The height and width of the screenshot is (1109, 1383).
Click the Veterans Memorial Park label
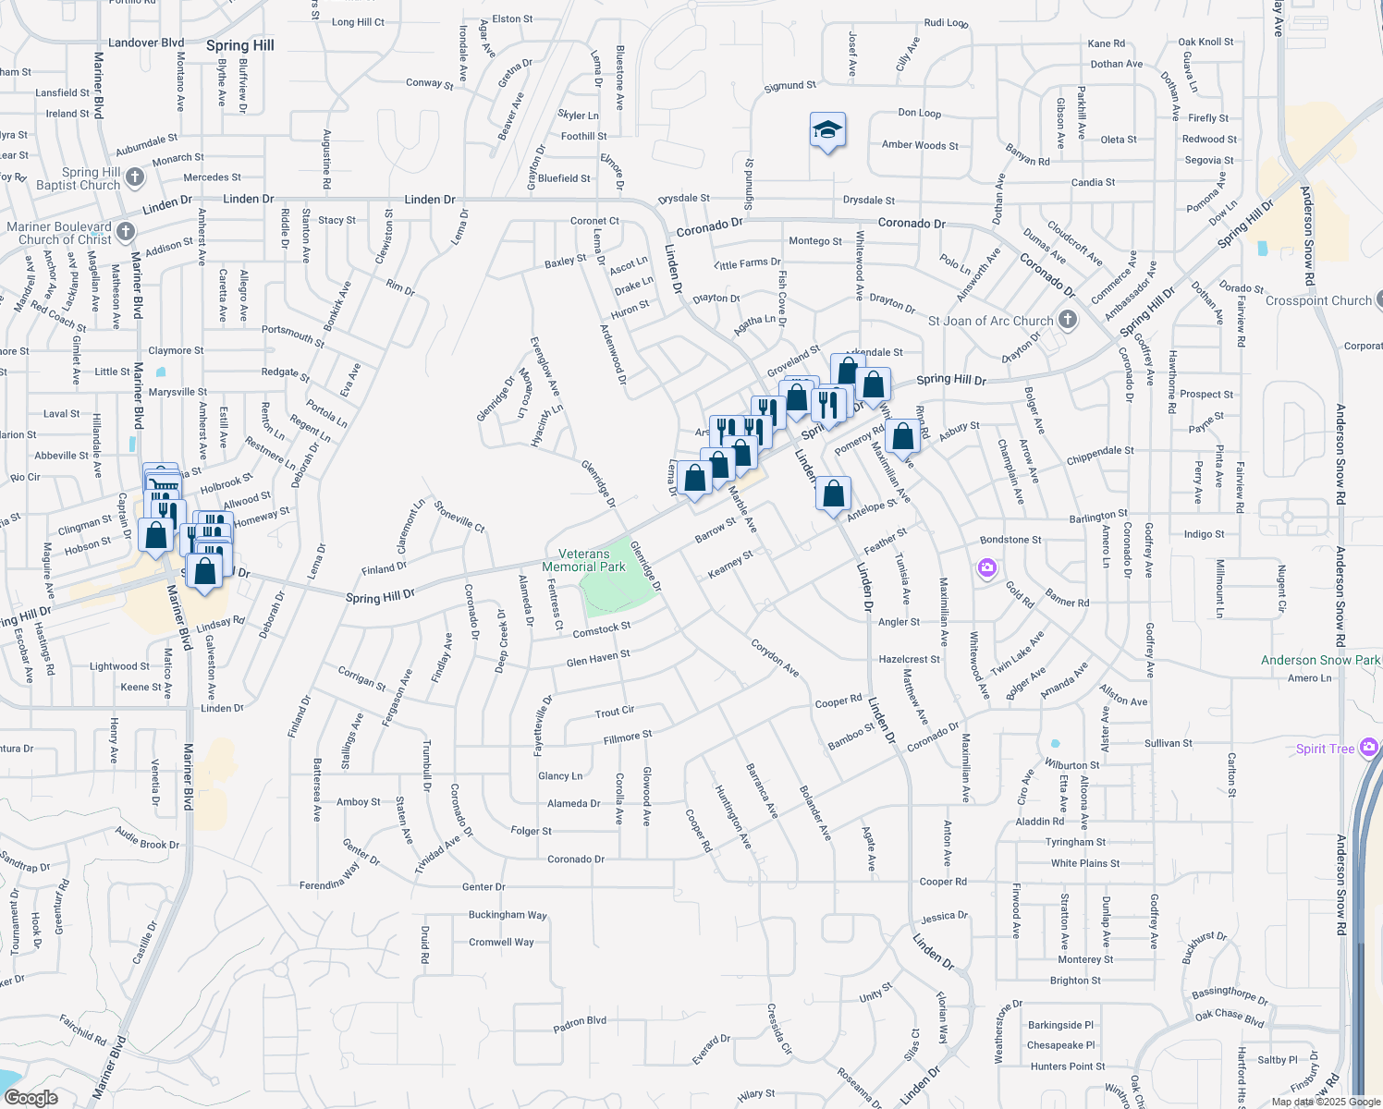click(x=583, y=560)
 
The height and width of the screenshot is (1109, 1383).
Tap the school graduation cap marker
click(x=827, y=131)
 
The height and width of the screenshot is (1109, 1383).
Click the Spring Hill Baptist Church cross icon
click(x=135, y=177)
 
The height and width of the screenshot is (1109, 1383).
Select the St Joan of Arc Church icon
click(x=1068, y=320)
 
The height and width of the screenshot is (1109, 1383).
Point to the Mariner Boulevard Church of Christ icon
click(x=126, y=231)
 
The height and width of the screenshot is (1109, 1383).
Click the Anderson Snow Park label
click(x=1320, y=660)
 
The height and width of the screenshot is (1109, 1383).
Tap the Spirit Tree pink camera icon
click(x=1369, y=748)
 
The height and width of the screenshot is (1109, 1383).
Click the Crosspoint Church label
click(x=1318, y=300)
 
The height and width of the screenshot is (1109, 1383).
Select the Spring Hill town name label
click(x=240, y=45)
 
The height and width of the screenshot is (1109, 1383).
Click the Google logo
click(x=31, y=1098)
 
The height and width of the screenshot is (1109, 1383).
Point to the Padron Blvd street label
click(x=580, y=1023)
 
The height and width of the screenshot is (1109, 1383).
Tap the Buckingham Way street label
click(x=508, y=915)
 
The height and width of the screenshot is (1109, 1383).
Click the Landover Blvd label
click(x=146, y=43)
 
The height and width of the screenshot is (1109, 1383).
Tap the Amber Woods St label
click(x=920, y=145)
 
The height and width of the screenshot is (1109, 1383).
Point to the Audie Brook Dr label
click(x=147, y=838)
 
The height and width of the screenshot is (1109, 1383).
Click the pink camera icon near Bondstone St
click(x=987, y=567)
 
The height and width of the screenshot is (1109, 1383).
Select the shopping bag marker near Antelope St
click(x=833, y=494)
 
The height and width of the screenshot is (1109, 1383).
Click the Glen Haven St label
click(x=597, y=659)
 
